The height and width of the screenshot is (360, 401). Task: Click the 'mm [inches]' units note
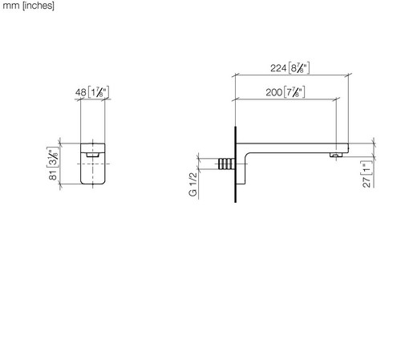(x=28, y=6)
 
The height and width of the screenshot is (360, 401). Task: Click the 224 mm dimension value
(x=278, y=68)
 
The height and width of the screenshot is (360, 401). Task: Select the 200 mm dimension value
(x=274, y=92)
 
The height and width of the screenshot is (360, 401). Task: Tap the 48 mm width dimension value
(x=81, y=92)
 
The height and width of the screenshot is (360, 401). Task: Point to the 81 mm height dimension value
(x=54, y=175)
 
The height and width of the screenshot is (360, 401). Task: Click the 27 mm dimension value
(x=367, y=182)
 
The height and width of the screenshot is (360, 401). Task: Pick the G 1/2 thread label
(x=193, y=184)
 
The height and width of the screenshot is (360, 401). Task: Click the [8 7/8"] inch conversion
(x=298, y=68)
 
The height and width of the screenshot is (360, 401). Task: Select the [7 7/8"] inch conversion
(x=294, y=92)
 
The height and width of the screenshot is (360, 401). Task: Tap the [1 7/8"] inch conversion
(x=98, y=92)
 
